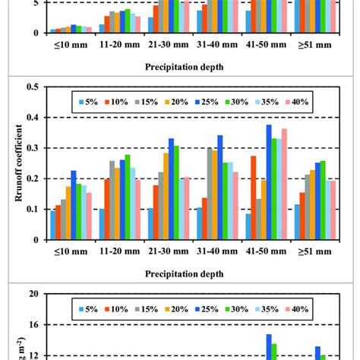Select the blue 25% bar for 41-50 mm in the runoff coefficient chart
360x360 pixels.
coord(269,182)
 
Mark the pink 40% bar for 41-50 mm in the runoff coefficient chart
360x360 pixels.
coord(284,184)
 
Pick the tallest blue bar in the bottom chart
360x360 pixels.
coord(269,346)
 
